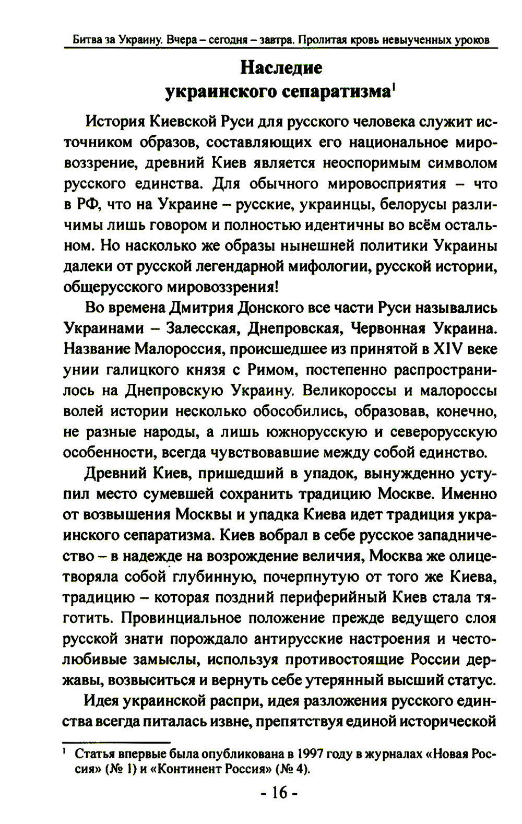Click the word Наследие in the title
coord(281,68)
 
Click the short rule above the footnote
coord(116,742)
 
